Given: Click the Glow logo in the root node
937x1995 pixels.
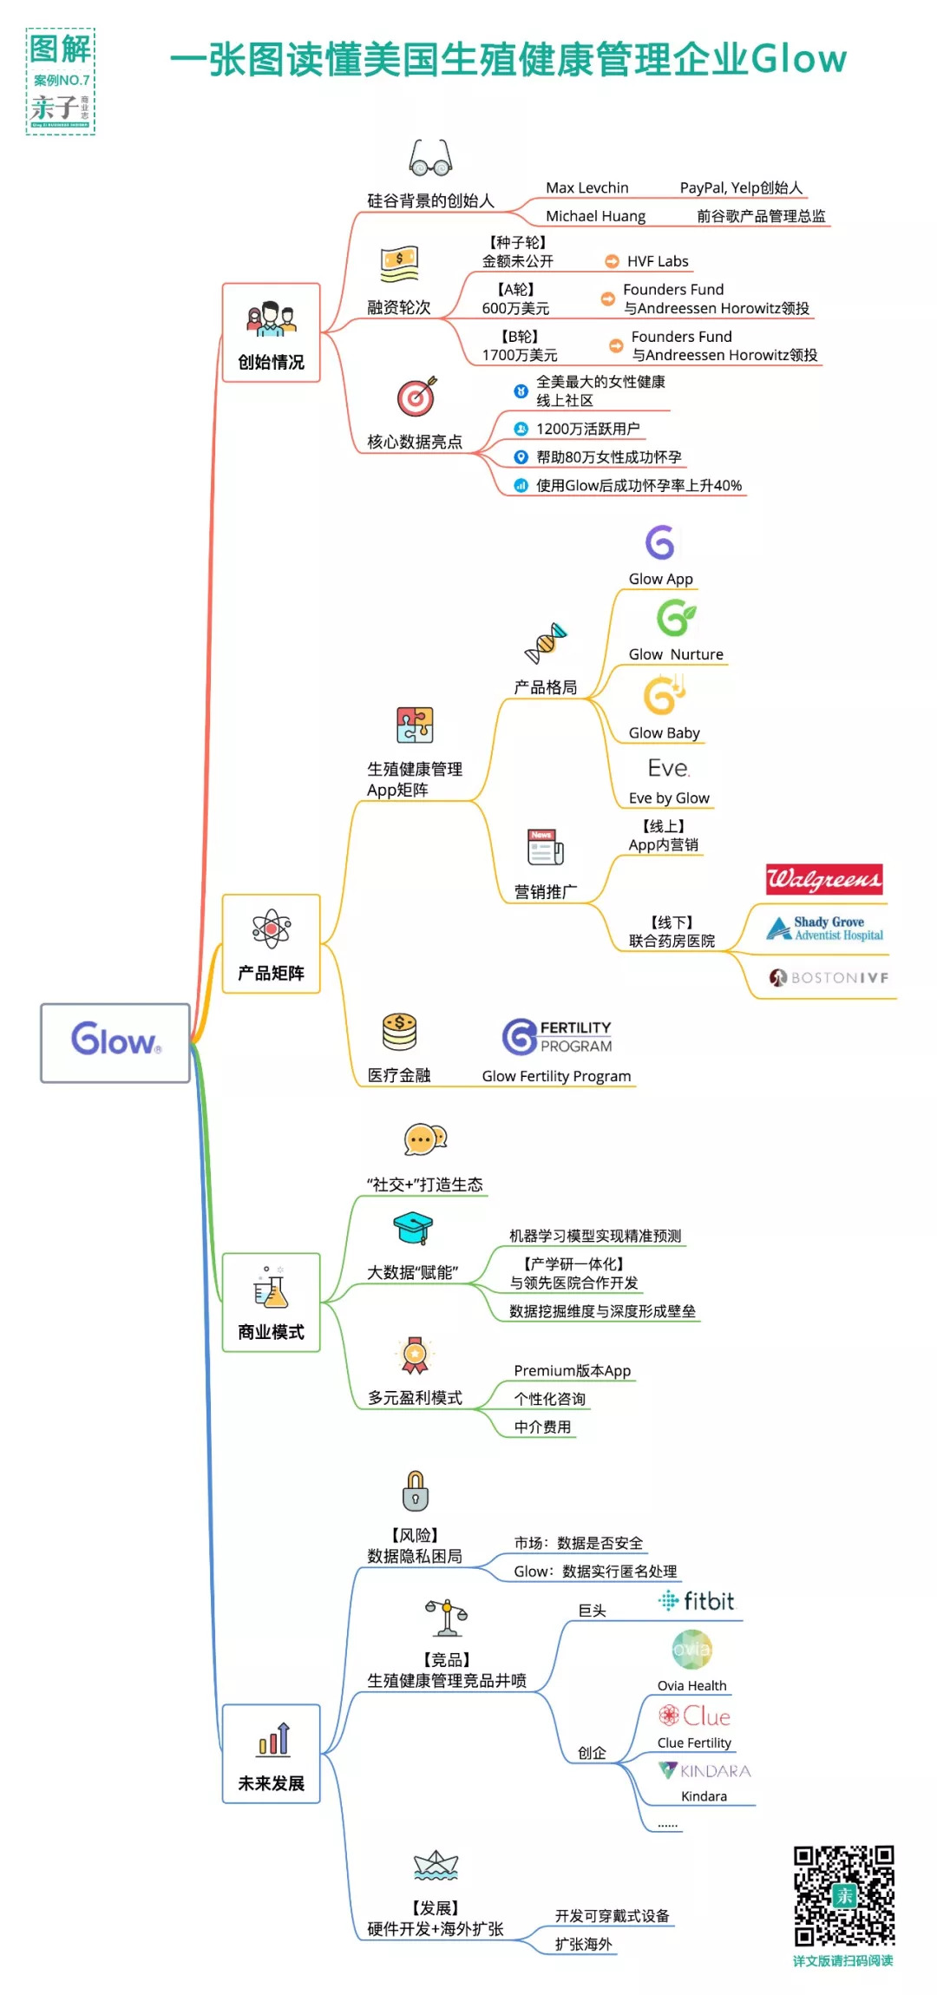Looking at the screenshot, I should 115,1039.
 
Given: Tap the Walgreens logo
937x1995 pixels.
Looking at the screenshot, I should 823,879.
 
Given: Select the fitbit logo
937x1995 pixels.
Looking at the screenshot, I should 697,1601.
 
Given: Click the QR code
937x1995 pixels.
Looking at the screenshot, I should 843,1896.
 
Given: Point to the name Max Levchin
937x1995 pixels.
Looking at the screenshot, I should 586,187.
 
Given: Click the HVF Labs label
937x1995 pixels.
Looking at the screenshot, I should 657,261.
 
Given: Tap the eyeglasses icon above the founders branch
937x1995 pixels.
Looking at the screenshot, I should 430,158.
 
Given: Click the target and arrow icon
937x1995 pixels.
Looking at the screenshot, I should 416,397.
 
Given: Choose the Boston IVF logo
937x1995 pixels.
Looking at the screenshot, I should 829,977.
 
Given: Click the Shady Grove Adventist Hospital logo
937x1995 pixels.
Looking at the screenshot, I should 825,929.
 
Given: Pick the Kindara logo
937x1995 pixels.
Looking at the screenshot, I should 704,1770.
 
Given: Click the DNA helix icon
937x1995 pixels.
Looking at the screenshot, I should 546,642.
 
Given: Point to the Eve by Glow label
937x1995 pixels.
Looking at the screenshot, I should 669,798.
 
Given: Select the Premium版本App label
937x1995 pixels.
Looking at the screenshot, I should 572,1370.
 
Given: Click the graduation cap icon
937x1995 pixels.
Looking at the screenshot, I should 413,1228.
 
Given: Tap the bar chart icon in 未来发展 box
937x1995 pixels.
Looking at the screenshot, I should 272,1739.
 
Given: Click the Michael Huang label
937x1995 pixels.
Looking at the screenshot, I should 595,216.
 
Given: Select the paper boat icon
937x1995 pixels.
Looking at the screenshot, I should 436,1865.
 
